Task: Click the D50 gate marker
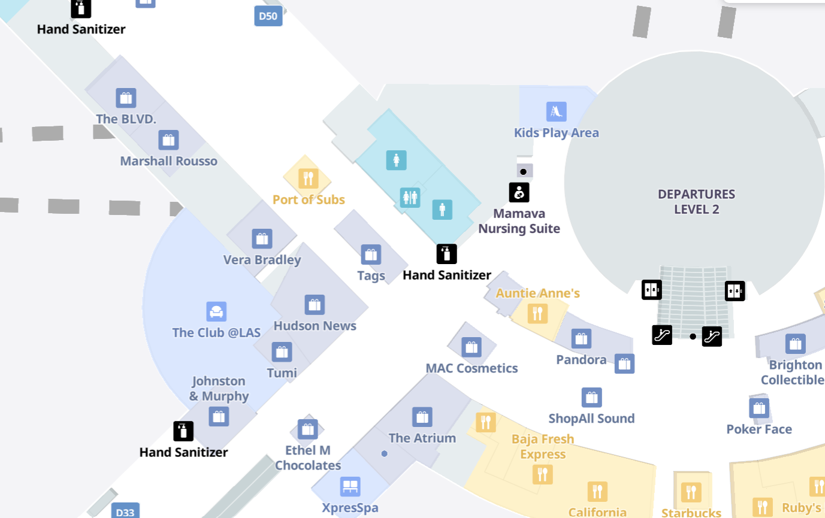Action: coord(268,16)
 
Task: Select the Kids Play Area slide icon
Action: coord(556,112)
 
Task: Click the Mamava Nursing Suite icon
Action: coord(519,192)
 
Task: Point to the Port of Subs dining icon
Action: coord(308,178)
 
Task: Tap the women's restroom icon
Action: coord(396,160)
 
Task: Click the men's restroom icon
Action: coord(442,210)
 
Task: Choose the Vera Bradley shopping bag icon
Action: coord(262,239)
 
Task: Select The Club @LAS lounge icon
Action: coord(216,312)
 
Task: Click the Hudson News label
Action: coord(315,326)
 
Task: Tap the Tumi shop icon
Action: coord(282,352)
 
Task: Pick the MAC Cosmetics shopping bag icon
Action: coord(472,347)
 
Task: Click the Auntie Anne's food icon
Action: coord(537,313)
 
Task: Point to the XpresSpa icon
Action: coord(350,486)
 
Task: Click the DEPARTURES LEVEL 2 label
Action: coord(696,202)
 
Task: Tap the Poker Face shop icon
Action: coord(759,408)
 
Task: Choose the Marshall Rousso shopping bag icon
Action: coord(168,140)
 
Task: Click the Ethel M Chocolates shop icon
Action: coord(308,429)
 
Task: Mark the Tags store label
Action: coord(371,276)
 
